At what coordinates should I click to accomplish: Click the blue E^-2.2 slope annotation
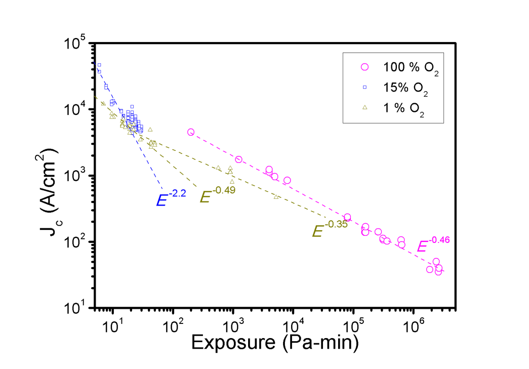click(169, 198)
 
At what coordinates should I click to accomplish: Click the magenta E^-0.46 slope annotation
click(433, 244)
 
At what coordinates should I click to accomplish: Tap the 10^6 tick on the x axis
click(414, 323)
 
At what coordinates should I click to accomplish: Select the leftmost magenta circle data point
click(191, 132)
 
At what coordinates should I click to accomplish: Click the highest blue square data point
click(99, 65)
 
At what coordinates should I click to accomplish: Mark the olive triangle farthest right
click(276, 196)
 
